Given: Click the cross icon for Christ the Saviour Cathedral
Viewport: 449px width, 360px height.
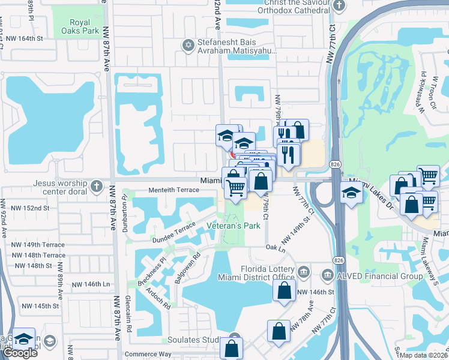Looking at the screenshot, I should click(x=339, y=6).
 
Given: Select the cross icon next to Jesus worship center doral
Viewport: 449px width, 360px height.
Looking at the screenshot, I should click(x=98, y=184).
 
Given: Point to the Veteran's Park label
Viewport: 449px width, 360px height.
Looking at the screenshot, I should click(x=234, y=226).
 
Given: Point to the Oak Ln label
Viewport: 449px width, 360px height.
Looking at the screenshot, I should click(x=275, y=247).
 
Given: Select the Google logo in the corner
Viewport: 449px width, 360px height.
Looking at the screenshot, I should click(x=20, y=353).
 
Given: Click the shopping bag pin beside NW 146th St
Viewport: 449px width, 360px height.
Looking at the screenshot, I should click(x=284, y=291).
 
